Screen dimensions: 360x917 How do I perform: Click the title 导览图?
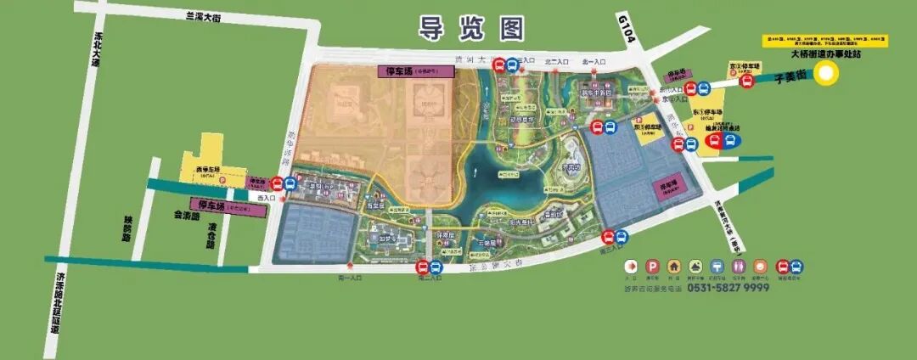tap(470, 29)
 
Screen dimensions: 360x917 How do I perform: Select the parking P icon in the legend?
tap(653, 266)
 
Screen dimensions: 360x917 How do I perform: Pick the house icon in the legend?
tap(674, 266)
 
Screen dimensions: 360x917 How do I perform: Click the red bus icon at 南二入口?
tap(422, 267)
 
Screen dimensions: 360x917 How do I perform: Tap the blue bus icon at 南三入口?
tap(621, 238)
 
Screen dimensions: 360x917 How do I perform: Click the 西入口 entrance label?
tap(266, 198)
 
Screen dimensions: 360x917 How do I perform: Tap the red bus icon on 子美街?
tap(746, 82)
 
